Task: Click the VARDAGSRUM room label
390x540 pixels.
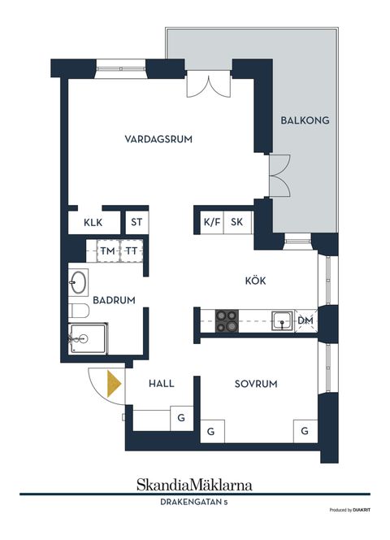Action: pos(158,139)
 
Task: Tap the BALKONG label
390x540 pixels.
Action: pos(305,120)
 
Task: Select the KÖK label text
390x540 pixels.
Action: pos(255,281)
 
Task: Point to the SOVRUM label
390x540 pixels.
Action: pos(257,383)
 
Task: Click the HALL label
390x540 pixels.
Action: pos(162,383)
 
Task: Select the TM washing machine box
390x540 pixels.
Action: pos(107,251)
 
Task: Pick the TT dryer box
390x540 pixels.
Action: pos(131,251)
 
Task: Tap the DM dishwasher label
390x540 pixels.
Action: pos(305,322)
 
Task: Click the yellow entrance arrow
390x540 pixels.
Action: pos(114,383)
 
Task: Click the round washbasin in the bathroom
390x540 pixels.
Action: pos(79,283)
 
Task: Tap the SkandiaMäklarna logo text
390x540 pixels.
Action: pos(194,485)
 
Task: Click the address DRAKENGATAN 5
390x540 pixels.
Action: pos(194,503)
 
